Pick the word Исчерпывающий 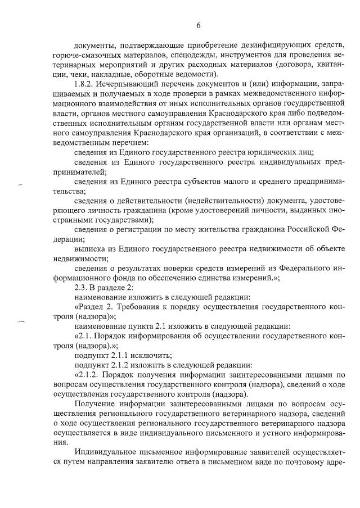[x=128, y=84]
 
